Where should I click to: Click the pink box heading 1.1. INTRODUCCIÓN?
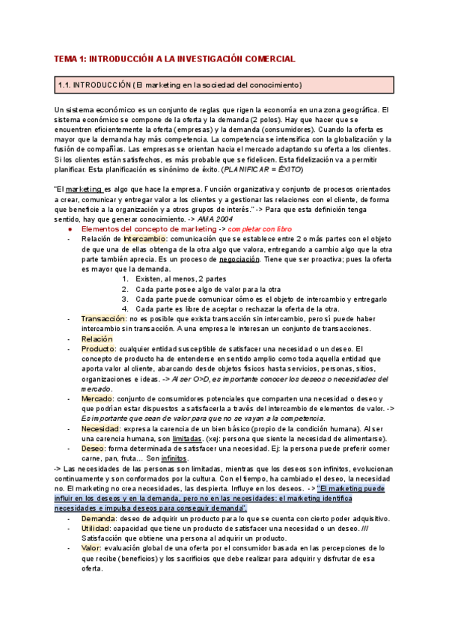pyautogui.click(x=180, y=85)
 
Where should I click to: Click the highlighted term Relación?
pyautogui.click(x=97, y=338)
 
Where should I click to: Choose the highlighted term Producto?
pyautogui.click(x=99, y=348)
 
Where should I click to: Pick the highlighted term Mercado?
pyautogui.click(x=97, y=399)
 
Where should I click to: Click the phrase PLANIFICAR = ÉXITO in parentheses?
pyautogui.click(x=262, y=169)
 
